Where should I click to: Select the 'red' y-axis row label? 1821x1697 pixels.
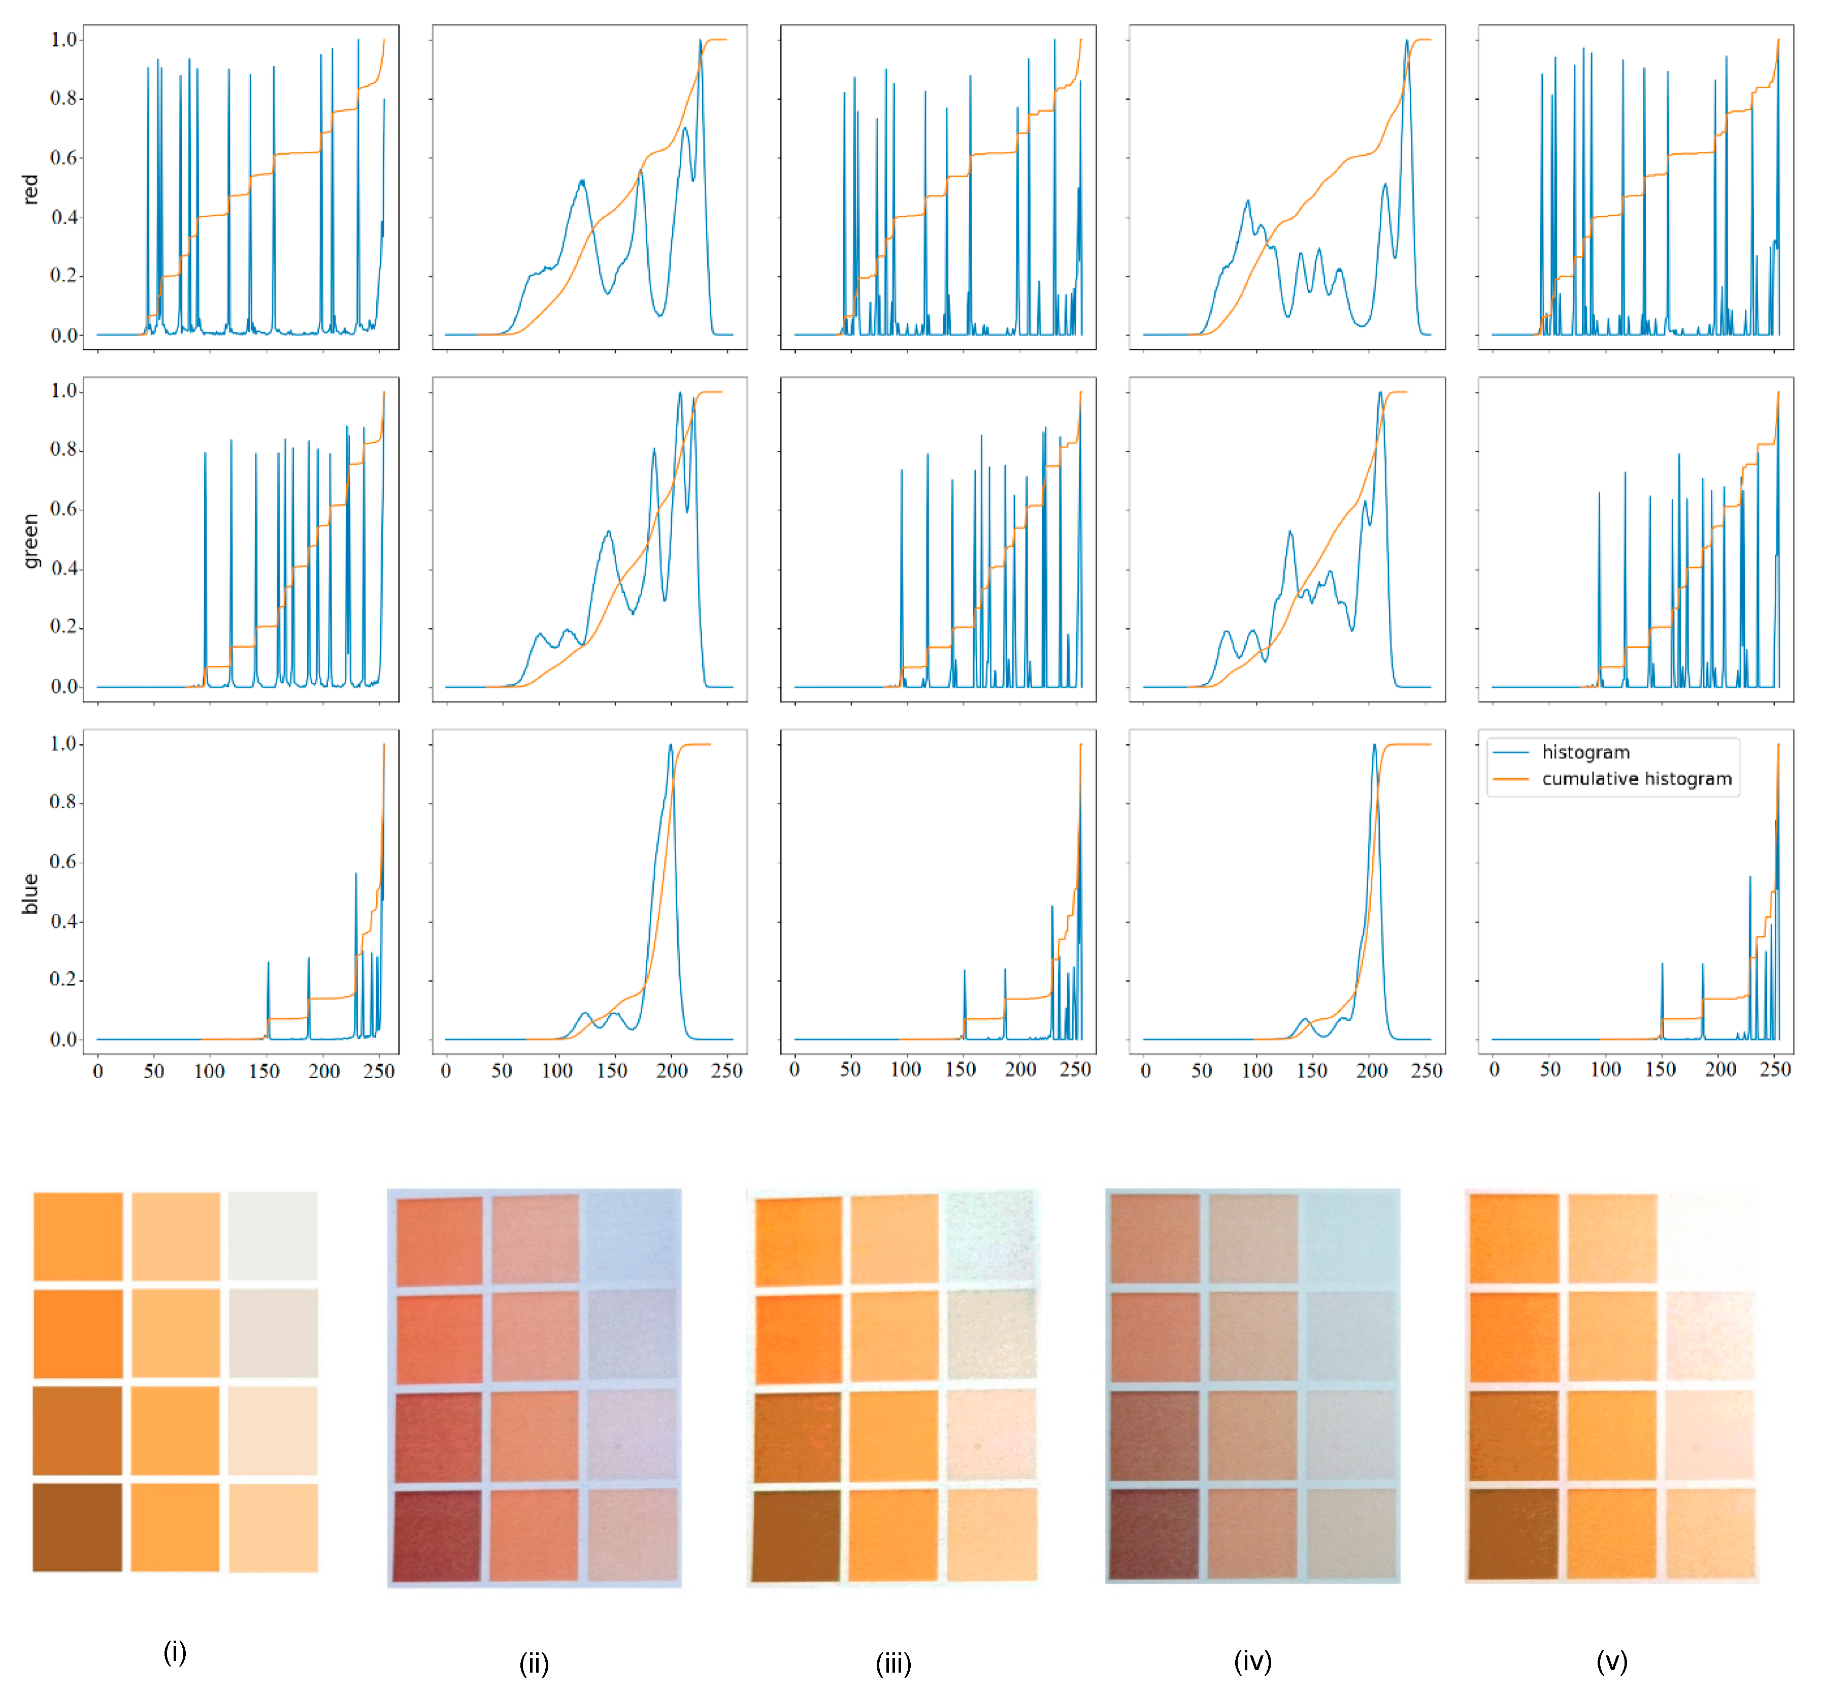[x=30, y=189]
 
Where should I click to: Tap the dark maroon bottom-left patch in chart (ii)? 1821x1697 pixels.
[x=438, y=1536]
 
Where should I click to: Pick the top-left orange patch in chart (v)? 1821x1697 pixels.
[x=1514, y=1238]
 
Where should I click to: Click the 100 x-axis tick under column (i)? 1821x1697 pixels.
[x=209, y=1071]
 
